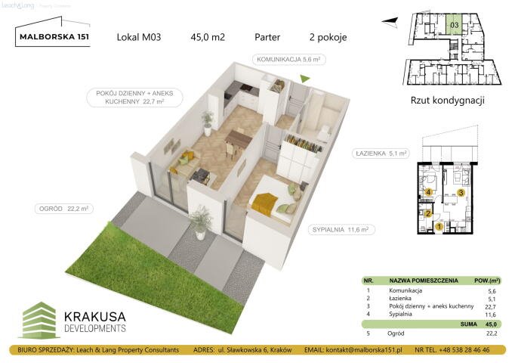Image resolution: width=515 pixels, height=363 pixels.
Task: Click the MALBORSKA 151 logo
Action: click(x=52, y=37)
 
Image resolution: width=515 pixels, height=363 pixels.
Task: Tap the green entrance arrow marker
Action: click(x=305, y=78)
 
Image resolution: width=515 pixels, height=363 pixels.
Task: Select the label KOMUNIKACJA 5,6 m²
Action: click(x=290, y=58)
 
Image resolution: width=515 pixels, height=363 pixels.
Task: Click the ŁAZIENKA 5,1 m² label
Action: click(x=381, y=154)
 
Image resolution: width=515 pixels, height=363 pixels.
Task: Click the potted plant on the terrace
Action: click(x=200, y=221)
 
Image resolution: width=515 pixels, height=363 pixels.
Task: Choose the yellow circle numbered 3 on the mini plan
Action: click(x=461, y=193)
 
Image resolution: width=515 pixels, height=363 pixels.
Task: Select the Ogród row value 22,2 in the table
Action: click(x=492, y=334)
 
